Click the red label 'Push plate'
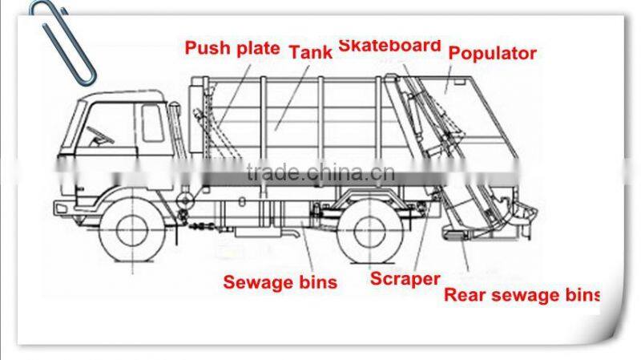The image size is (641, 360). coord(232,48)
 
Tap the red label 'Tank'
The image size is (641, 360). coord(310,53)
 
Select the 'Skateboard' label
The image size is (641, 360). coord(389,45)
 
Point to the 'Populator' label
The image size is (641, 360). coord(492,54)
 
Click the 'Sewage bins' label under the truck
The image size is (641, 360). coord(280,282)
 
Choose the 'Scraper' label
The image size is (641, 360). coord(405,279)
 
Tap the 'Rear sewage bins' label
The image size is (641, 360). coord(522,294)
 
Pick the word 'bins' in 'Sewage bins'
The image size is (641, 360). coord(317,282)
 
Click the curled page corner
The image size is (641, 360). coord(613,317)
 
